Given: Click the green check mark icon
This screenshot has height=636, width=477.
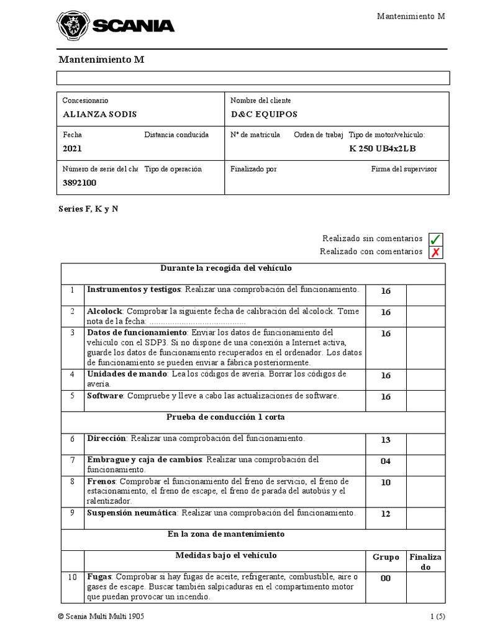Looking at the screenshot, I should pos(435,239).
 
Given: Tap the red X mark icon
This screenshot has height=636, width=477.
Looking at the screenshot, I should pos(435,252).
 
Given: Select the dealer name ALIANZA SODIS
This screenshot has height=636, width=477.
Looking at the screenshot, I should pos(99,114).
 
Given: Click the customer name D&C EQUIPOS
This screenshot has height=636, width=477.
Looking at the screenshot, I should pos(264,114).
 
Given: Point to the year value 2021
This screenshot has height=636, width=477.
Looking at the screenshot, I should pos(72,149).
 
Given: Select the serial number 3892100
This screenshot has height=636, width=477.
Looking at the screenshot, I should pos(79,183).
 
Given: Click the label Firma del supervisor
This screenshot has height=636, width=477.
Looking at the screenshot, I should pos(404,169).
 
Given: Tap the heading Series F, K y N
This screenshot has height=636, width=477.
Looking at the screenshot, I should pos(88,209).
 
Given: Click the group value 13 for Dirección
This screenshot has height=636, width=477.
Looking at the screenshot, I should pos(386,440).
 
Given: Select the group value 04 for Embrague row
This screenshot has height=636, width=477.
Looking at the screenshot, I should pos(386,461).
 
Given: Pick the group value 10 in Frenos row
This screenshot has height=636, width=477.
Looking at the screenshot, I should pos(386,483).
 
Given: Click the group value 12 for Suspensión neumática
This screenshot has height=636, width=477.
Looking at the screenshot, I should pos(386,514).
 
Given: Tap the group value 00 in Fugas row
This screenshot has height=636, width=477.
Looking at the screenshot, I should pos(386,578).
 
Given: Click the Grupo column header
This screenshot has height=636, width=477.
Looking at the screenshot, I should pos(386,557).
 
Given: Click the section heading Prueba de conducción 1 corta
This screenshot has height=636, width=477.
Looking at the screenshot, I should pos(225,417).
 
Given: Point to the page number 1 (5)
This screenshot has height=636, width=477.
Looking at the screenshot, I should pos(437,617).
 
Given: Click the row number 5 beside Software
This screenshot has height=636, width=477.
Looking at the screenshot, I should pos(72,396).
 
